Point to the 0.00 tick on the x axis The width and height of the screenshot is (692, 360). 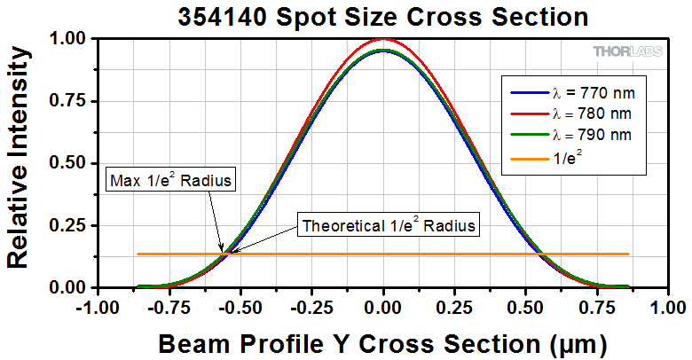pyautogui.click(x=383, y=306)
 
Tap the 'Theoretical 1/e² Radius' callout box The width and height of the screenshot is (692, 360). pyautogui.click(x=389, y=225)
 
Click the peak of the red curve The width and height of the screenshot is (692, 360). pyautogui.click(x=382, y=39)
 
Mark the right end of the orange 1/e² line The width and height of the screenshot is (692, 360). pyautogui.click(x=628, y=254)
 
